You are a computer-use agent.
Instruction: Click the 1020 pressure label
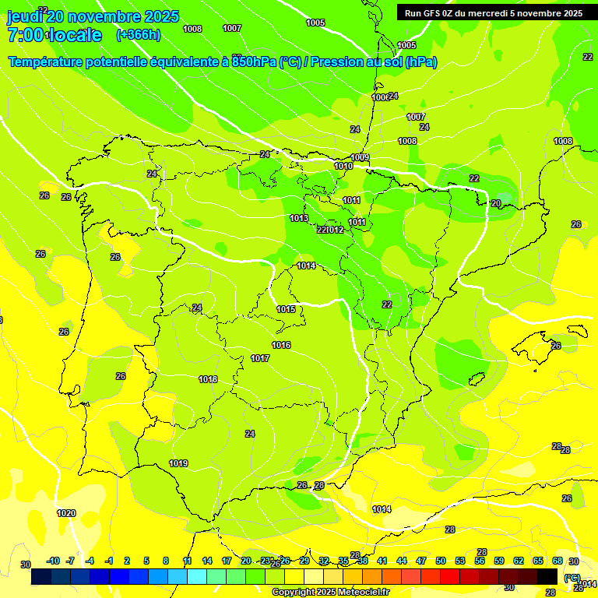tap(66, 513)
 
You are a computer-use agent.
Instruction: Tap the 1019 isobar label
tap(178, 463)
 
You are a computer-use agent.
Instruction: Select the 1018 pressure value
tap(208, 379)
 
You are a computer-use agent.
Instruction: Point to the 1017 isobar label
tap(260, 358)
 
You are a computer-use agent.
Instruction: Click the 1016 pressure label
tap(281, 345)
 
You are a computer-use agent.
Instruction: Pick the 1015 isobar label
tap(286, 309)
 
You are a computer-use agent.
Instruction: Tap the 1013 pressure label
tap(299, 218)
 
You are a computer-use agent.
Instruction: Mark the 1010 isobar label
tap(343, 166)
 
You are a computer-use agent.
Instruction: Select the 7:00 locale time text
tap(55, 35)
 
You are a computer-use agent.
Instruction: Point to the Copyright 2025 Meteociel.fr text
tap(330, 592)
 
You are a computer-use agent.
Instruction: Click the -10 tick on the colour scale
tap(52, 561)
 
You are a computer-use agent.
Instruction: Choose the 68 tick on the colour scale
tap(557, 561)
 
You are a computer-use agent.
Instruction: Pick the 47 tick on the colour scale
tap(421, 561)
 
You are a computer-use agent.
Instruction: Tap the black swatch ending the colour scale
tap(547, 576)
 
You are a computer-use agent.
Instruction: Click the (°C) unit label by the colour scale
tap(572, 578)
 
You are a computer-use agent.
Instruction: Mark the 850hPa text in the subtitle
tap(254, 62)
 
